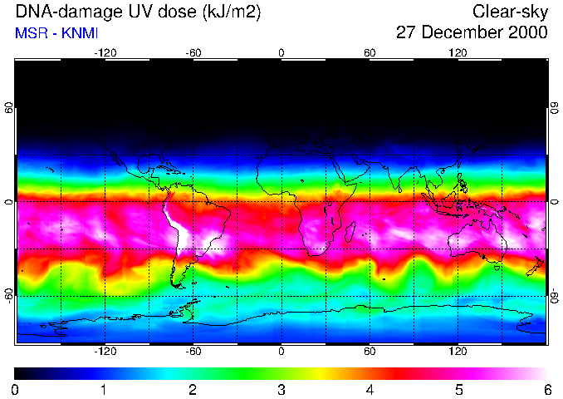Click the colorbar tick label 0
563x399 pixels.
15,389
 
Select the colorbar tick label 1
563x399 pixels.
104,389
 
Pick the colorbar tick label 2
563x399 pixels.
192,389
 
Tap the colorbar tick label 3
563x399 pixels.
281,389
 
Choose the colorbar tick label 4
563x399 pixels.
370,389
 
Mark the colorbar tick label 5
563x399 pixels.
458,389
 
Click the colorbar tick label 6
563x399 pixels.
546,389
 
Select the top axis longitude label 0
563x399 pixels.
281,53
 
